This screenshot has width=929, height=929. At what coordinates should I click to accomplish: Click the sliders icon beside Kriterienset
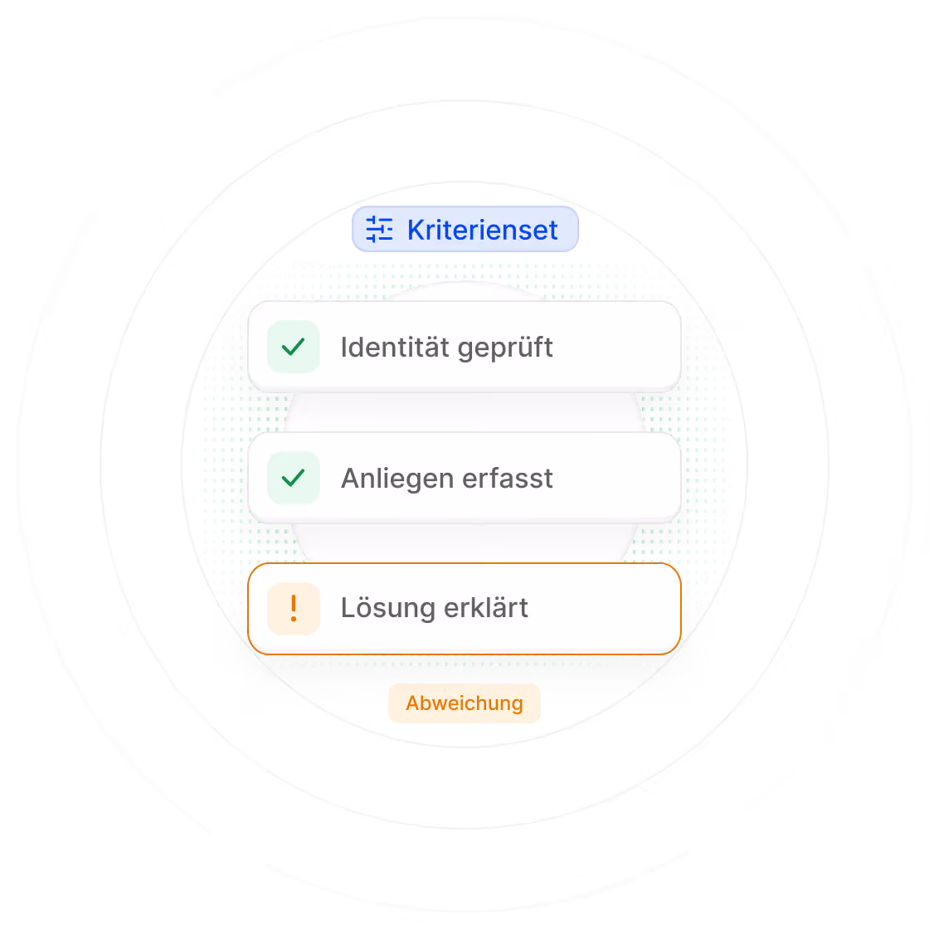(379, 229)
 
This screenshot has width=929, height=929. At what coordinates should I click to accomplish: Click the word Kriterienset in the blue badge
(482, 230)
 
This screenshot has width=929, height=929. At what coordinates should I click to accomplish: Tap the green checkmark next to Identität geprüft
(294, 347)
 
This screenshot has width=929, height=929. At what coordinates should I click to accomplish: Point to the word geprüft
(505, 348)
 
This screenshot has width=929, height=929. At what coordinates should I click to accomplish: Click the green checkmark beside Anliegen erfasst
(294, 478)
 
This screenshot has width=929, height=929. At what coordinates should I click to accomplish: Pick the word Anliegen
(397, 479)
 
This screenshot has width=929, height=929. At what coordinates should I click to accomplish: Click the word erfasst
(508, 478)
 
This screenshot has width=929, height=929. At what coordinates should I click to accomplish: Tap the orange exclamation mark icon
(294, 609)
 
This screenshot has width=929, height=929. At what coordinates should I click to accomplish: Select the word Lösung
(388, 609)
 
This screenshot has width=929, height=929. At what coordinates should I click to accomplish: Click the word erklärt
(486, 608)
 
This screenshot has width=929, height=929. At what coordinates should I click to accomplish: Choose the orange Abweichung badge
(464, 703)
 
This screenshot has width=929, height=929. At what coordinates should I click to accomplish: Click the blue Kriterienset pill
(465, 229)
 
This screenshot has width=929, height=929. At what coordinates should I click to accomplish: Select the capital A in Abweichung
(414, 703)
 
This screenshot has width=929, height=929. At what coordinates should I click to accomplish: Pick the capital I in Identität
(344, 348)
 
